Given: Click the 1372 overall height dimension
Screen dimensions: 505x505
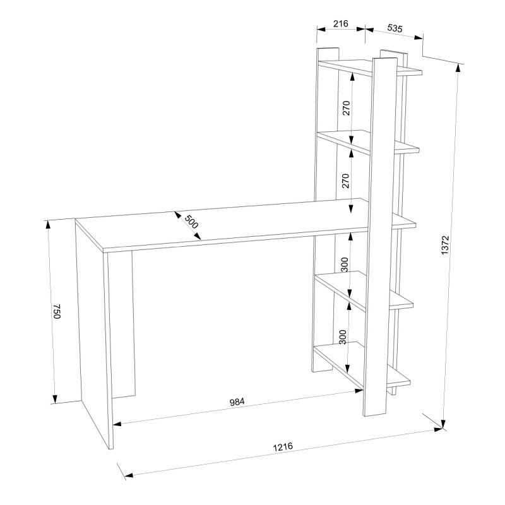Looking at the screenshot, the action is click(x=445, y=246).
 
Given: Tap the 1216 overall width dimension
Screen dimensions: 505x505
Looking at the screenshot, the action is click(x=283, y=447).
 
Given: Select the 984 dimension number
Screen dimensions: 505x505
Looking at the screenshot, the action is click(x=237, y=401).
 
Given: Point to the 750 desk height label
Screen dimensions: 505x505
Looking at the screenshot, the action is click(x=57, y=311).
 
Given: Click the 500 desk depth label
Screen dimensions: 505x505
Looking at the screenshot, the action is click(x=191, y=222).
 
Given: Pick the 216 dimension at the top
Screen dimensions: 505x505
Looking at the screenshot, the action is click(x=340, y=23).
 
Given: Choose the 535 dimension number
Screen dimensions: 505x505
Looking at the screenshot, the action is click(x=395, y=28).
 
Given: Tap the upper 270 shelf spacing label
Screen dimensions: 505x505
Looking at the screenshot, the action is click(x=346, y=108).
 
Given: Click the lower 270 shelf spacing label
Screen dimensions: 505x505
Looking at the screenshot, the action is click(x=345, y=181).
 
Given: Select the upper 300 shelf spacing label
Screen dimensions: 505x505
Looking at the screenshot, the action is click(x=344, y=264).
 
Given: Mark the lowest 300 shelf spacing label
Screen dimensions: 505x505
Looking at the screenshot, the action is click(x=343, y=337).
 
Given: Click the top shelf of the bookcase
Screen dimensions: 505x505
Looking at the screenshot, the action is click(x=370, y=67).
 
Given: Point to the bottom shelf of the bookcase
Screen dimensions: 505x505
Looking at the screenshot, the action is click(x=362, y=365).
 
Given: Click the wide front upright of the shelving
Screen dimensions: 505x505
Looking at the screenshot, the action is click(x=380, y=237).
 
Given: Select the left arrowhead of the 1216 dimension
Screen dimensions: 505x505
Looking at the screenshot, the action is click(x=129, y=475).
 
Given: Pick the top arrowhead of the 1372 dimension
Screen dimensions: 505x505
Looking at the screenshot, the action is click(x=458, y=68).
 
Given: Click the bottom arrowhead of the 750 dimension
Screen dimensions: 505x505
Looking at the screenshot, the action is click(x=55, y=399).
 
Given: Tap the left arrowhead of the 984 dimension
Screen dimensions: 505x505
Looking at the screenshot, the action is click(x=117, y=424).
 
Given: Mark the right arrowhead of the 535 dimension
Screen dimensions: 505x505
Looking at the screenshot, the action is click(x=419, y=37).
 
